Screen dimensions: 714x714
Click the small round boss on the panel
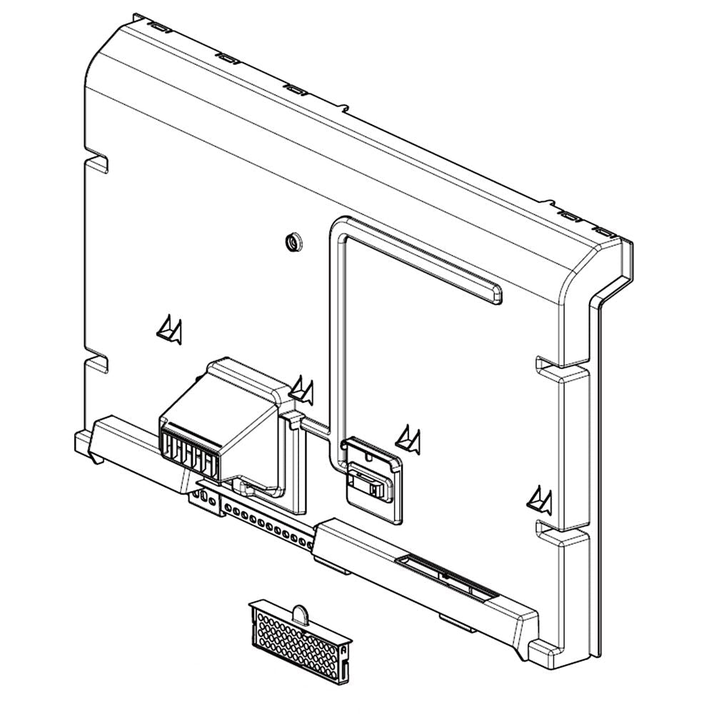tap(292, 241)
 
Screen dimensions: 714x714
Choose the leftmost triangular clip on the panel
tap(169, 329)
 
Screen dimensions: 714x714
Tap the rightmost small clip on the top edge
tap(604, 232)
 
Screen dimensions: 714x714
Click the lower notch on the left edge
tap(96, 357)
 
